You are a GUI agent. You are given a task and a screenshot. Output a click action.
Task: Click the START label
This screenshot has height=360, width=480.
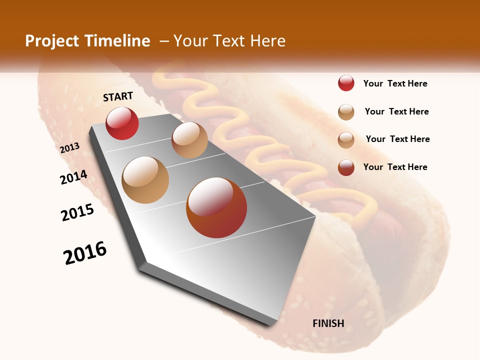pos(118,96)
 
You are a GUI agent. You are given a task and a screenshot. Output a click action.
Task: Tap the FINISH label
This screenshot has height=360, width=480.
pos(328,323)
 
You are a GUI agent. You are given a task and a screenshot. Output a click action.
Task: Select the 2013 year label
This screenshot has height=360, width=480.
pos(70,147)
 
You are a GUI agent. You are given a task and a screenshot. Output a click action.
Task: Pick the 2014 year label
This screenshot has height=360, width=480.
pos(74,177)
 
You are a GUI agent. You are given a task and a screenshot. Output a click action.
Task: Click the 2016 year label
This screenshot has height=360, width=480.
pos(85,253)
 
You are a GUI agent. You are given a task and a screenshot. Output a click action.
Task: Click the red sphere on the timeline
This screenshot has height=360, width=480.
pos(122,123)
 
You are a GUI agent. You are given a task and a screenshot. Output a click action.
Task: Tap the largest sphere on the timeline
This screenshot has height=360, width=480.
pos(216,207)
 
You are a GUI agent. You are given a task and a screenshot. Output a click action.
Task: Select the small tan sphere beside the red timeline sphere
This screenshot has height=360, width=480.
pos(189,140)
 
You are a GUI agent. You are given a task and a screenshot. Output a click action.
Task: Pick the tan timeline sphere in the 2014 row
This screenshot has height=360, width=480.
pos(145,180)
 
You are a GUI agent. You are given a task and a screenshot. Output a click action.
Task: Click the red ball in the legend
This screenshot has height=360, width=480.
pos(346,83)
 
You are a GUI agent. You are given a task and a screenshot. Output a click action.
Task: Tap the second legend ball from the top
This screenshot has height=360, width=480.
pos(346,112)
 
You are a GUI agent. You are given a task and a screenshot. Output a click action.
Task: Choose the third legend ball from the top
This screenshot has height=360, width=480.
pos(346,140)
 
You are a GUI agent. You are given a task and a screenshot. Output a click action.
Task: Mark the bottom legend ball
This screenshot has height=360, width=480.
pos(346,167)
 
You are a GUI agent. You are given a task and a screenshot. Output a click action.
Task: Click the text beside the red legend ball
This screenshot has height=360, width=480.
pos(395,83)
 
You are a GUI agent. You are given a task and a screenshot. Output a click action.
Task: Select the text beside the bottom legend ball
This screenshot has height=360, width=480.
pos(395,167)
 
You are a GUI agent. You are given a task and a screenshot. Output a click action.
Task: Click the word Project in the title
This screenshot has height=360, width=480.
pos(52,41)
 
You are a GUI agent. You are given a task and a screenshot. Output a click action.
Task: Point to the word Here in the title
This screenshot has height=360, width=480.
pos(267,41)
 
